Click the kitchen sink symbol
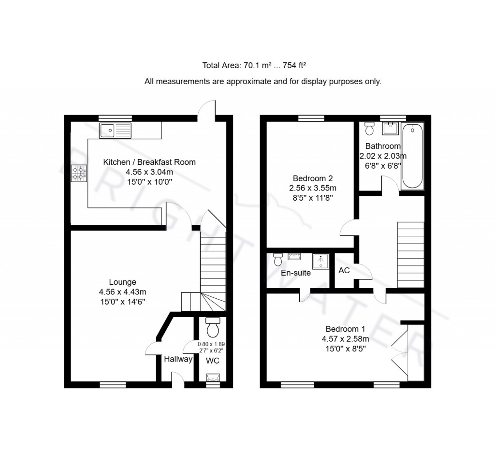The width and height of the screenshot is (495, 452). coord(115,131)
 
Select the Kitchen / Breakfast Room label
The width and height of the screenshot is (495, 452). coord(149,162)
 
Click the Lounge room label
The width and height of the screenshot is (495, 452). coord(122,282)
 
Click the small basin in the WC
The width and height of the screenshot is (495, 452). coord(213,377)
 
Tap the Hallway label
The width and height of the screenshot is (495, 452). coord(178,359)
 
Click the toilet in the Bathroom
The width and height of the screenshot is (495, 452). coord(370,129)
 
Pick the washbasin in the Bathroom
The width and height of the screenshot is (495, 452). coord(390,129)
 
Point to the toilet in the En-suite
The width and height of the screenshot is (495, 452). coord(278,260)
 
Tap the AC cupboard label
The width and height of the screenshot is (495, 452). coord(344,271)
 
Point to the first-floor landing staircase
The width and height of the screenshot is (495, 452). coord(410,255)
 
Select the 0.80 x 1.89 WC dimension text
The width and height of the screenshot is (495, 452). coord(211,344)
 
